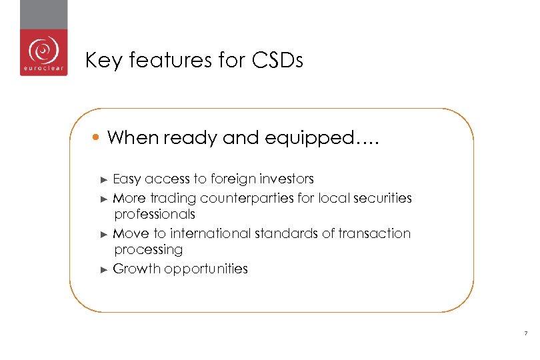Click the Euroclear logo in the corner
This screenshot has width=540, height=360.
click(43, 53)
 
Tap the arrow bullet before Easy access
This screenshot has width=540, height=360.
click(103, 179)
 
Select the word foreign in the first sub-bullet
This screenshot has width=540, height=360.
click(235, 179)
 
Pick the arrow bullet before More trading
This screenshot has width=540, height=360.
click(103, 199)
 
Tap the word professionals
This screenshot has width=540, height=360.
click(155, 214)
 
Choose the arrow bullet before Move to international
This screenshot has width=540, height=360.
click(103, 234)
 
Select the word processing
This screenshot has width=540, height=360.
click(148, 250)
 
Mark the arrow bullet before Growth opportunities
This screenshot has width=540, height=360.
click(103, 269)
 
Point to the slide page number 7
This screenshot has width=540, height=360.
click(526, 333)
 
